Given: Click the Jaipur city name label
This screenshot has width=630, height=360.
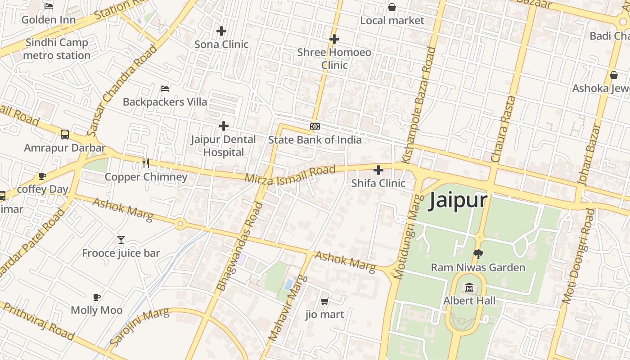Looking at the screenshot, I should click(458, 200).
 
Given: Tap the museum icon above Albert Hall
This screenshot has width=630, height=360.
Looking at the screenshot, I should click(469, 287).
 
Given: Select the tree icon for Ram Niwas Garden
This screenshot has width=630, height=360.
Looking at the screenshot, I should click(478, 254).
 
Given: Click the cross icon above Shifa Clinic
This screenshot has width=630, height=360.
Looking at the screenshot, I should click(378, 170).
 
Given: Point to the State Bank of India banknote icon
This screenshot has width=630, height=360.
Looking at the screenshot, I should click(315, 126).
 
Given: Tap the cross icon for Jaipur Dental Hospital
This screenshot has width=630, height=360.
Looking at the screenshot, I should click(223, 126).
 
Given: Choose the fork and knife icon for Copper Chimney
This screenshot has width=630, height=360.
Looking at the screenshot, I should click(146, 163).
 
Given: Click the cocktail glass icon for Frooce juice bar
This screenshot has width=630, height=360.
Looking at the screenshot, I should click(121, 240).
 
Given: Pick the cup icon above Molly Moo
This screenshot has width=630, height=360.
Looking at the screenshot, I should click(96, 297).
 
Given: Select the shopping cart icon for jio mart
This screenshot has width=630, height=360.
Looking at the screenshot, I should click(324, 301).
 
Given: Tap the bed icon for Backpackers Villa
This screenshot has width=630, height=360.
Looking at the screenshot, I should click(165, 88).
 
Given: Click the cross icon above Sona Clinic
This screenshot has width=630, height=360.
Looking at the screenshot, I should click(221, 31).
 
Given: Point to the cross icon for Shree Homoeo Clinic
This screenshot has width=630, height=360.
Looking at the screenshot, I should click(334, 39).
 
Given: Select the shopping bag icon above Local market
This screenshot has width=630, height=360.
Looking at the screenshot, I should click(392, 7).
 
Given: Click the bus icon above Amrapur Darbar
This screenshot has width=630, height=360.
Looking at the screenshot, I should click(65, 135).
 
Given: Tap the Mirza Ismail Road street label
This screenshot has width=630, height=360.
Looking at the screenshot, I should click(290, 174).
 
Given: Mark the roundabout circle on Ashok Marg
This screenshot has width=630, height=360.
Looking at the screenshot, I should click(180, 223).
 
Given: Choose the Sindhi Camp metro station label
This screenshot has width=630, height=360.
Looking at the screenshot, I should click(57, 49).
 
